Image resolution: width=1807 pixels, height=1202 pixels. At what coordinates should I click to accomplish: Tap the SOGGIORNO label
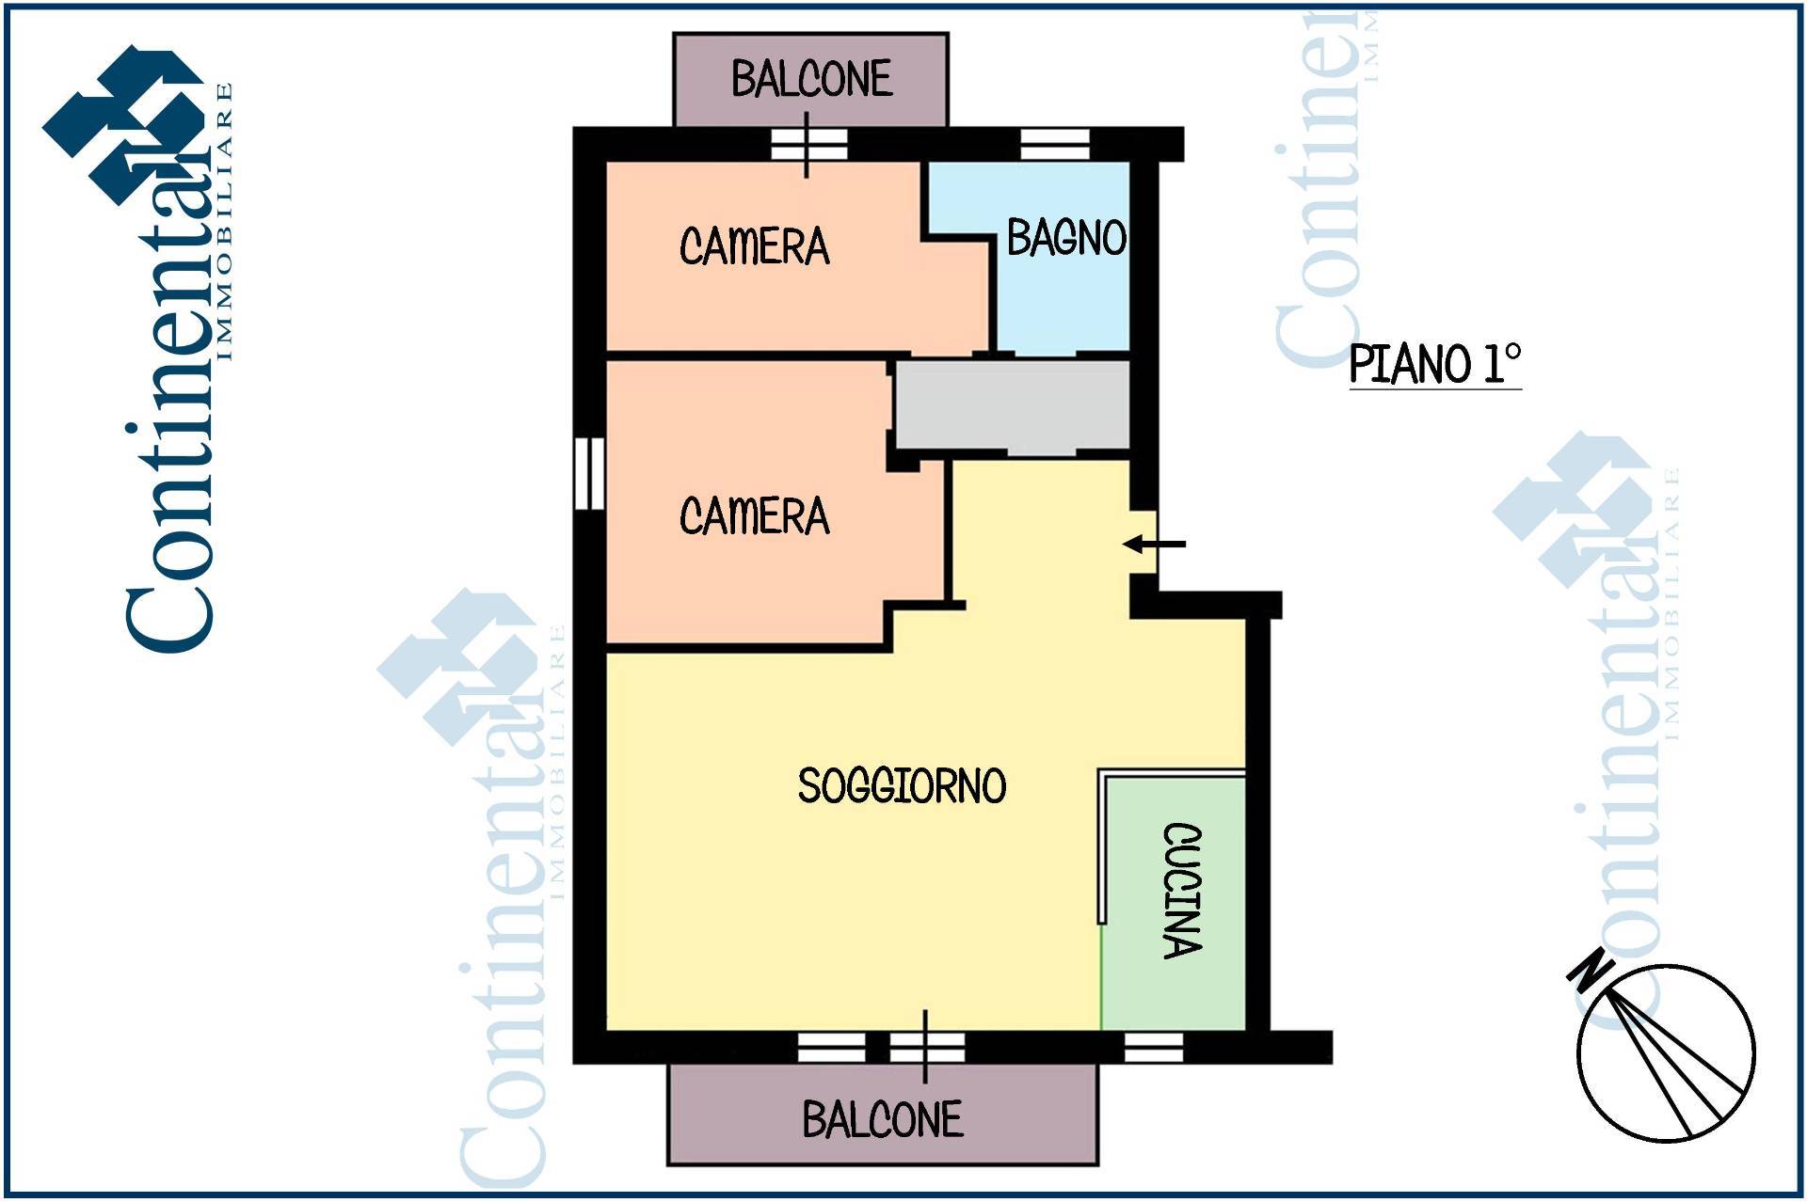[902, 785]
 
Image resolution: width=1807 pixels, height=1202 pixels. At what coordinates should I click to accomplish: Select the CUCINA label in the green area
[1183, 891]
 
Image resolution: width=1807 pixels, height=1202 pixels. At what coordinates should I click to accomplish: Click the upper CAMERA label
[755, 246]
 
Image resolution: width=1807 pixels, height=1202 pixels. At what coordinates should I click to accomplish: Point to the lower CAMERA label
[755, 516]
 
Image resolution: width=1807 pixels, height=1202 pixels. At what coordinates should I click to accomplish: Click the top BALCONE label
[811, 79]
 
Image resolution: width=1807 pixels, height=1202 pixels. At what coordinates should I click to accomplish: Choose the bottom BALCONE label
[883, 1119]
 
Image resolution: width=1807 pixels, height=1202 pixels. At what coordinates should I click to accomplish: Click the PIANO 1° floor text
[1435, 364]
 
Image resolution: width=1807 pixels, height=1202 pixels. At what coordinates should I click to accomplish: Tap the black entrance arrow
[1154, 544]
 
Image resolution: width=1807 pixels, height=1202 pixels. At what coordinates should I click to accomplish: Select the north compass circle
[1666, 1053]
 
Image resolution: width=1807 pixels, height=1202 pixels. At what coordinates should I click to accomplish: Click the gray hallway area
[1012, 406]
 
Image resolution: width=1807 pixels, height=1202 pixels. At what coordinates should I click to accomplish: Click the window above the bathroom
[1055, 144]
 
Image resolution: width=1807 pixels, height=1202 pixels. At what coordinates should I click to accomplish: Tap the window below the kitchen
[1154, 1047]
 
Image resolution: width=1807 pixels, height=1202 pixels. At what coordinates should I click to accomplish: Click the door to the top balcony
[808, 145]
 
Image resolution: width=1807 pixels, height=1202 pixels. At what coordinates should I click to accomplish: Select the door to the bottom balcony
[927, 1047]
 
